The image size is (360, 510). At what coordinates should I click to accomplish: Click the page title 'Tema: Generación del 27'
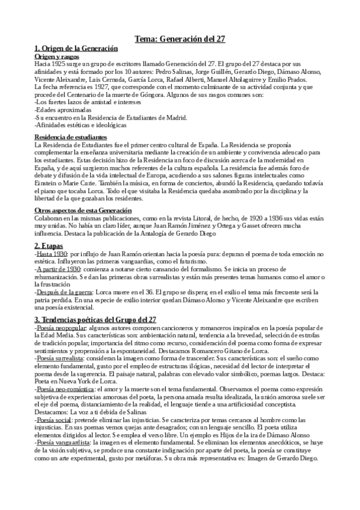coord(179,39)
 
